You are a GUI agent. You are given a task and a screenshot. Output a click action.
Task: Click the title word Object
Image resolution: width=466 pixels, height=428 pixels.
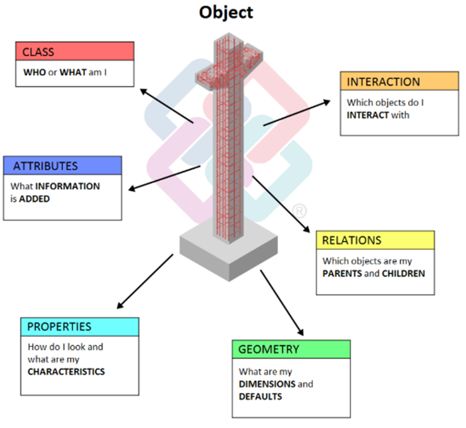pyautogui.click(x=226, y=12)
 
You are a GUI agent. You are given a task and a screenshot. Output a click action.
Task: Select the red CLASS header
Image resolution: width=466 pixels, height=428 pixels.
pyautogui.click(x=75, y=51)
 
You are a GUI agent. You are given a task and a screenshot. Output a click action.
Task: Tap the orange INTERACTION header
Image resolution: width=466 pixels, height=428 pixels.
pyautogui.click(x=399, y=82)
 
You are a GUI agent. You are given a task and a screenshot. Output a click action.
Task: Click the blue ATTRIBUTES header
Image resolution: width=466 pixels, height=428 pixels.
pyautogui.click(x=62, y=166)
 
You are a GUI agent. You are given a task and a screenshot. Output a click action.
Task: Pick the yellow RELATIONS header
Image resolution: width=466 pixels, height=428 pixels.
pyautogui.click(x=375, y=240)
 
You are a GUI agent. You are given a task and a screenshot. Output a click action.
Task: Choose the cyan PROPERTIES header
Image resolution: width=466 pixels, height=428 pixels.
pyautogui.click(x=79, y=326)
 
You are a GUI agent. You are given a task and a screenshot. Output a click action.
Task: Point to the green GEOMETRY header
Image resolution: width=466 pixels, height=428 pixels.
pyautogui.click(x=291, y=349)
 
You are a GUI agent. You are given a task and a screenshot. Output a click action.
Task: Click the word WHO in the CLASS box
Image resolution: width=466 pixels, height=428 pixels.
pyautogui.click(x=34, y=72)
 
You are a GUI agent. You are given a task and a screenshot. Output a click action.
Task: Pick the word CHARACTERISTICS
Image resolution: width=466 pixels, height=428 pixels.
pyautogui.click(x=66, y=372)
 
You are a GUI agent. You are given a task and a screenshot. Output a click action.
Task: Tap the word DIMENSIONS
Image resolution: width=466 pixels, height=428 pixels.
pyautogui.click(x=267, y=384)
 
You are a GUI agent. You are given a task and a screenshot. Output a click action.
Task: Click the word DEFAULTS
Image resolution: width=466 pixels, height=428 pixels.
pyautogui.click(x=260, y=396)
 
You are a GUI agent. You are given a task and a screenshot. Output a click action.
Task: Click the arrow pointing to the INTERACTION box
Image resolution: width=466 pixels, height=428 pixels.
pyautogui.click(x=297, y=113)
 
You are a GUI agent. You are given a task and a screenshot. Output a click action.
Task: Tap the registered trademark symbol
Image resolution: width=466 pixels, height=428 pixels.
pyautogui.click(x=299, y=211)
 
